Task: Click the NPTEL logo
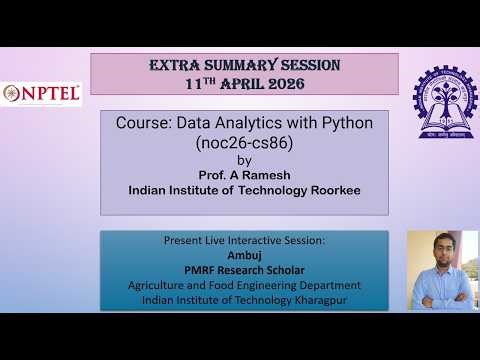(x=42, y=93)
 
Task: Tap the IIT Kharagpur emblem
(x=439, y=95)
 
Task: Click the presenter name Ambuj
(x=244, y=256)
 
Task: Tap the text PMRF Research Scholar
(x=244, y=270)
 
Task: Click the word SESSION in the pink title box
(x=305, y=65)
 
